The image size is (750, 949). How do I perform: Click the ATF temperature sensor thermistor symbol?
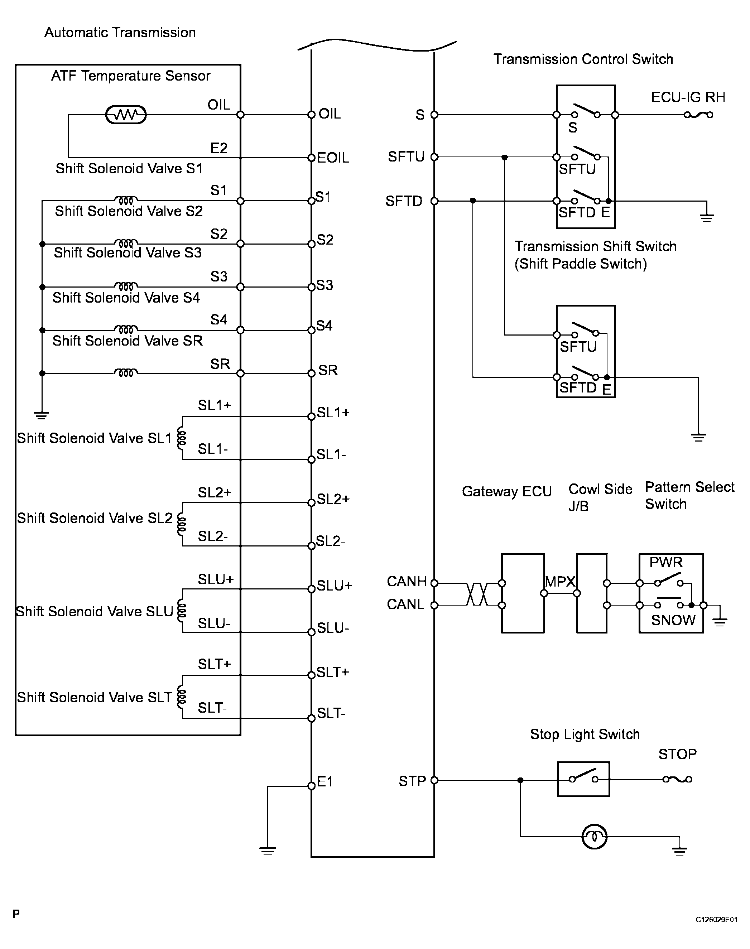(x=126, y=115)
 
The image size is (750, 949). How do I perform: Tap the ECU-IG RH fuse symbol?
(x=698, y=115)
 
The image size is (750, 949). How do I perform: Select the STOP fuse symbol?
(x=677, y=779)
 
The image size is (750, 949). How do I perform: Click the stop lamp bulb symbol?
(x=594, y=837)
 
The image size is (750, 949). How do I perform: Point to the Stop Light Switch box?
(x=583, y=779)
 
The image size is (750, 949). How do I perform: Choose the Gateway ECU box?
(x=523, y=593)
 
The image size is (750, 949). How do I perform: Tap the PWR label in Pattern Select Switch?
(x=666, y=562)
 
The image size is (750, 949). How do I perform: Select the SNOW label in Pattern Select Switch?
(x=673, y=620)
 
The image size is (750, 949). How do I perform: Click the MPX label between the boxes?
(x=560, y=582)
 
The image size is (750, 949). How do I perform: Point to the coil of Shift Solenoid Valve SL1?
(x=181, y=438)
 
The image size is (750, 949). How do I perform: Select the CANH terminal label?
(x=407, y=581)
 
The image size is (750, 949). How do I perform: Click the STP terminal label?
(x=412, y=781)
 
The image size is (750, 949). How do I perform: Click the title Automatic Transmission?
(x=120, y=33)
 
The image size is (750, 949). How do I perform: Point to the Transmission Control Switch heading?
(x=583, y=59)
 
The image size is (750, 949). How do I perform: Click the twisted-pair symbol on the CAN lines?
(x=477, y=594)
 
